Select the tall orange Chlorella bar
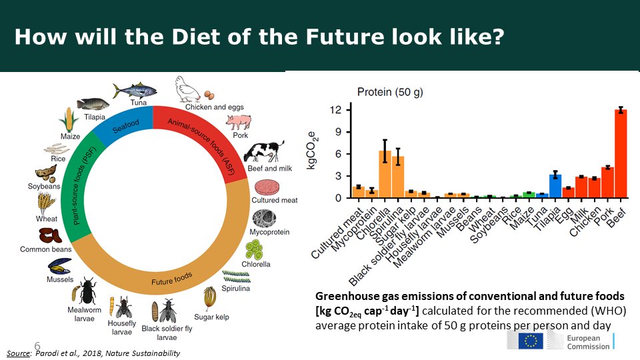point(385,175)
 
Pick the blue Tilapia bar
point(555,186)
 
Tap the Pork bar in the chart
point(607,183)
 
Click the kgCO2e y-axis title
point(311,152)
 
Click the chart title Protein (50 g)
point(390,92)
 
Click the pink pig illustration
point(237,122)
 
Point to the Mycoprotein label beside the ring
point(269,232)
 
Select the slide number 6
point(37,345)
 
